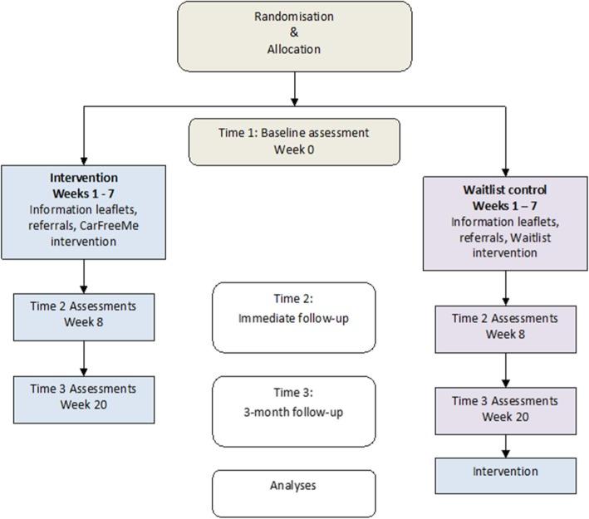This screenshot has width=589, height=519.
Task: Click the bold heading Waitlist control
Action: coord(505,189)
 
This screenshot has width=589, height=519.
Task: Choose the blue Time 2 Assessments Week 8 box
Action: coord(85,313)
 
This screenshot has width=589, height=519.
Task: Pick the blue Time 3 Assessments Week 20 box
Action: coord(85,396)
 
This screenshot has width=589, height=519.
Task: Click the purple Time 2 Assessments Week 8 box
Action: coord(505,326)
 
